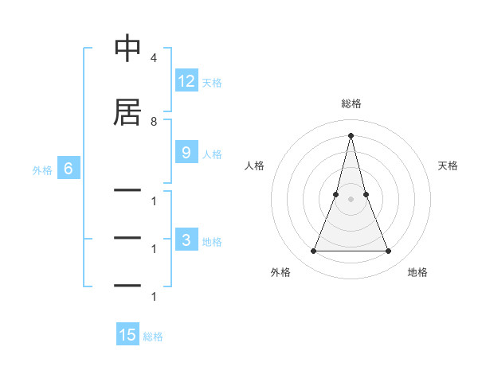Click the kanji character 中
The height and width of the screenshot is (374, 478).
click(x=128, y=49)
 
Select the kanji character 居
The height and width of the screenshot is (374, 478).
click(x=128, y=112)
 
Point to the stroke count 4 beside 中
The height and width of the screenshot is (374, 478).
click(x=153, y=59)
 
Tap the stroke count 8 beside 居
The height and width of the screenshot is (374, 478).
click(x=153, y=122)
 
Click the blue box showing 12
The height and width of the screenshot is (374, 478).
click(x=186, y=81)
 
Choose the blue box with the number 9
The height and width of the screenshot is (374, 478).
click(x=186, y=153)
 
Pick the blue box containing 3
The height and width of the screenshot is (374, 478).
click(x=186, y=241)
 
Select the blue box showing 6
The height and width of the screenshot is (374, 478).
click(x=69, y=169)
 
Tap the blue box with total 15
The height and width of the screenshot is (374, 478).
click(x=127, y=336)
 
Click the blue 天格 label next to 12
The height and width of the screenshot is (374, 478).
click(x=212, y=82)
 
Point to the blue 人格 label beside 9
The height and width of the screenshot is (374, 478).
click(x=212, y=154)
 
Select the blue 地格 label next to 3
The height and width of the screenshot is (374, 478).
click(x=212, y=242)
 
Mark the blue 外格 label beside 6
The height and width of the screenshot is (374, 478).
click(x=42, y=169)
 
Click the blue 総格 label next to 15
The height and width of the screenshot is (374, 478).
click(x=153, y=337)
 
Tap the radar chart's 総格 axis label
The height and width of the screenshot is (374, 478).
click(x=351, y=103)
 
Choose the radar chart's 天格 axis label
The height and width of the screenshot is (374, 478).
click(x=449, y=166)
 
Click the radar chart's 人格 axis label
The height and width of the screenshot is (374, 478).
click(x=254, y=166)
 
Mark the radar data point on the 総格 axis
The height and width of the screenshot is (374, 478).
click(x=351, y=134)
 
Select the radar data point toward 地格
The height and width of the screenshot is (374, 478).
click(x=389, y=251)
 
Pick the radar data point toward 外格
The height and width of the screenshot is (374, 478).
click(x=313, y=251)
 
